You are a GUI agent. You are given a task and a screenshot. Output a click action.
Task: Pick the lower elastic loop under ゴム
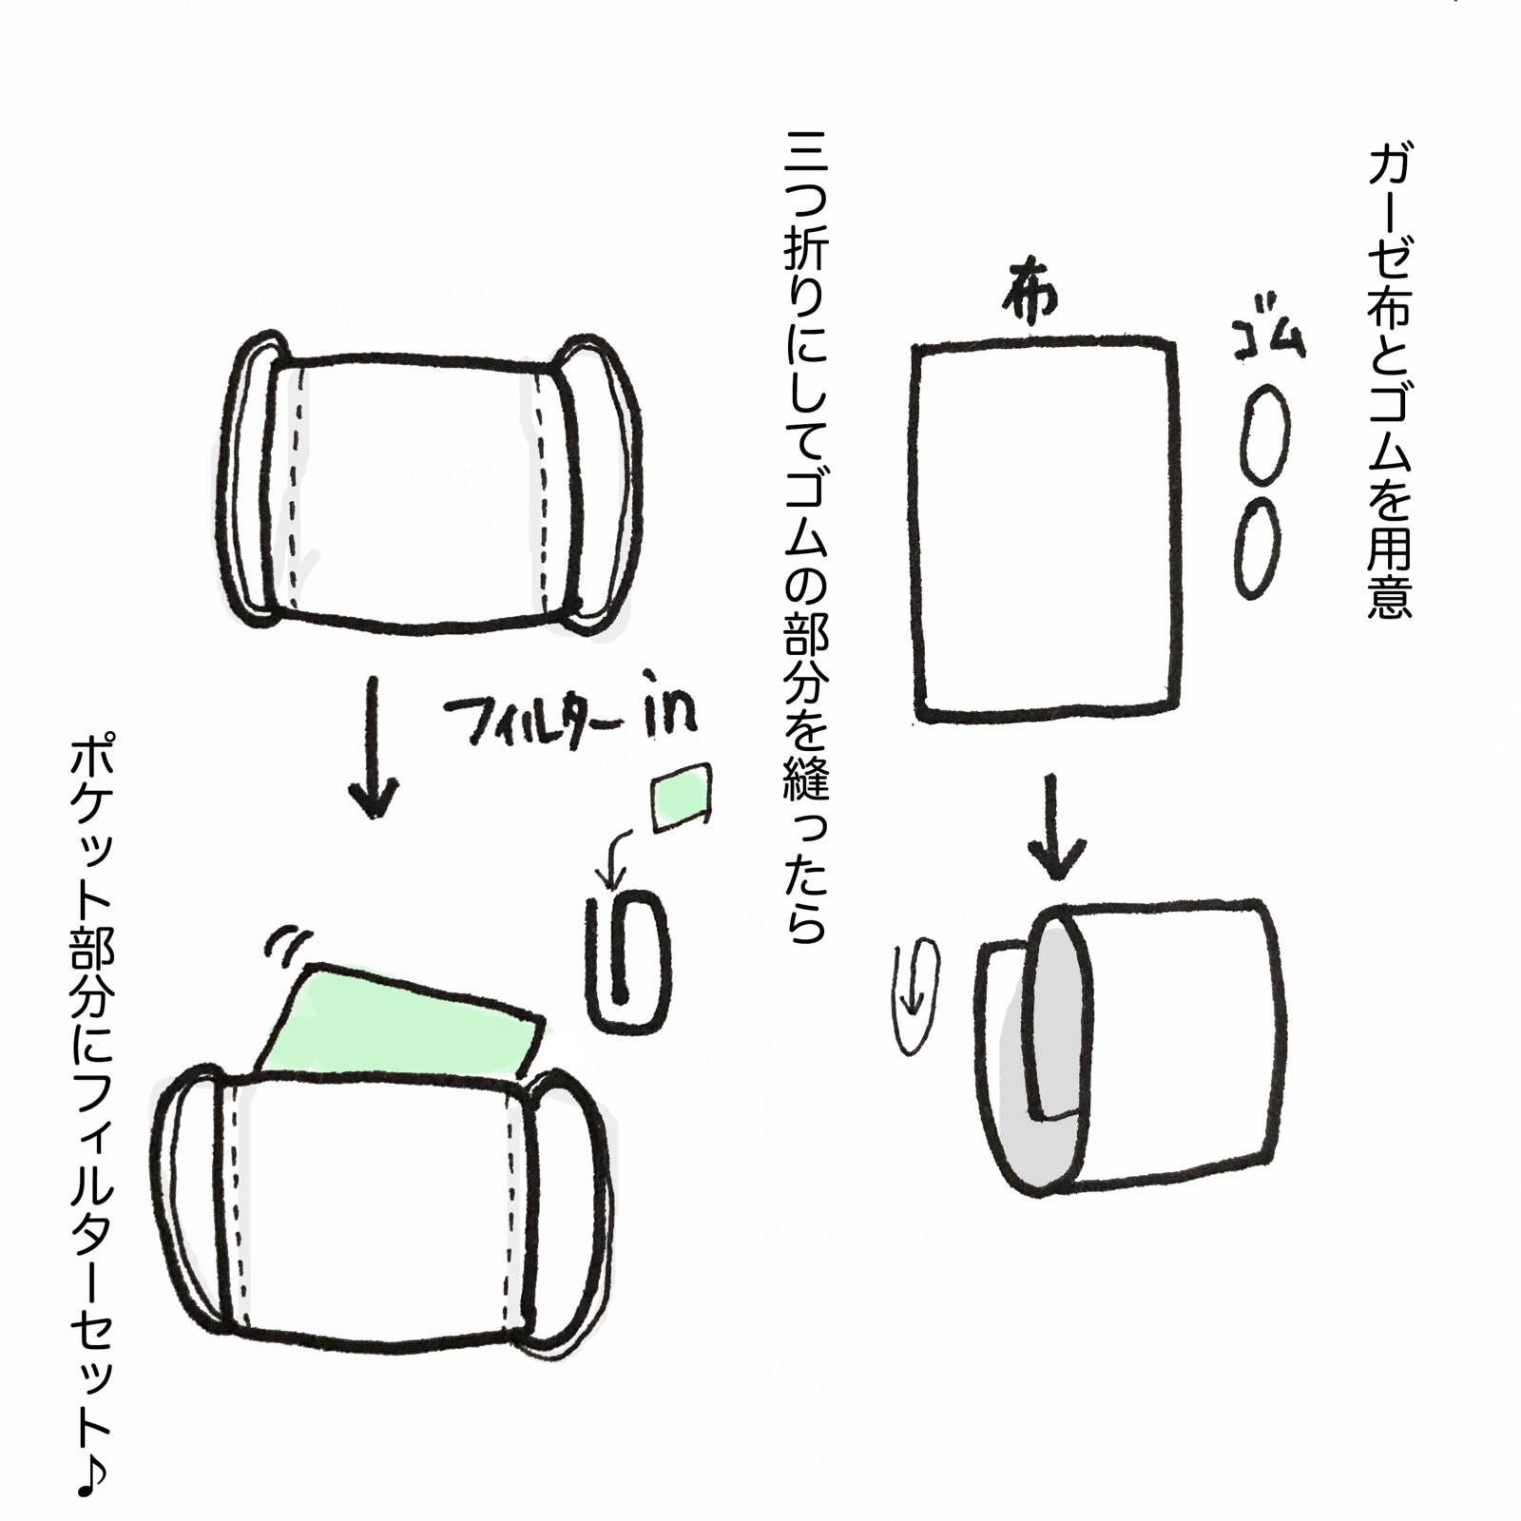point(1257,548)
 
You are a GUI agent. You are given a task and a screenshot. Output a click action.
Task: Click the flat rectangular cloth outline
point(1043,529)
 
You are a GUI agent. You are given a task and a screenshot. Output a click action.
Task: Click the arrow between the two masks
point(374,746)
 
